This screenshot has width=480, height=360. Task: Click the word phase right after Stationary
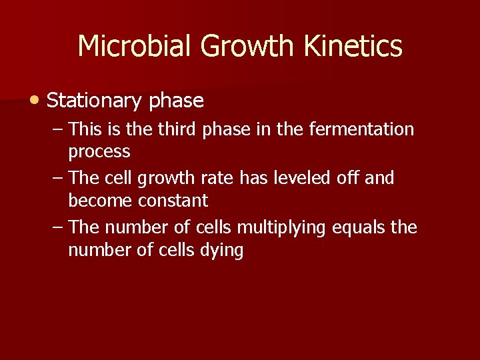[x=177, y=101]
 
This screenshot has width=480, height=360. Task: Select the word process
[x=99, y=152]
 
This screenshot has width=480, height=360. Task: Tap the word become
[x=99, y=200]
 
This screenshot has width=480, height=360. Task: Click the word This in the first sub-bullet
[x=84, y=129]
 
